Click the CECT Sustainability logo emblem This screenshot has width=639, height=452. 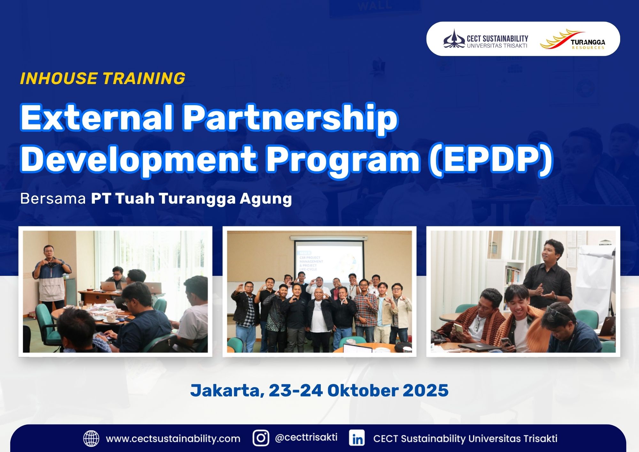(x=454, y=39)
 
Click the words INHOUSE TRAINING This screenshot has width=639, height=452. (x=103, y=78)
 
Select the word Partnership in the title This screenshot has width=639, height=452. (x=290, y=118)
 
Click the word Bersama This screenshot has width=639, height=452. (x=53, y=199)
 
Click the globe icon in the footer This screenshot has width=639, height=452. (x=91, y=438)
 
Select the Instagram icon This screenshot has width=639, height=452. (x=261, y=438)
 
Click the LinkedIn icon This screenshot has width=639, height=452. (x=357, y=438)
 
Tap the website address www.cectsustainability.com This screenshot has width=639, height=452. (x=173, y=439)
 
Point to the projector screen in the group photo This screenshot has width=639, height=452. (x=329, y=261)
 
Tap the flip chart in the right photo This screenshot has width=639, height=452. (x=596, y=281)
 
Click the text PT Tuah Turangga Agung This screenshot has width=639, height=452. (x=191, y=199)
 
